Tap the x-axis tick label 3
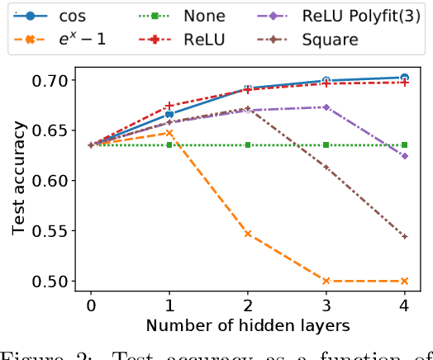click(326, 305)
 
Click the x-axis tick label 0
click(90, 305)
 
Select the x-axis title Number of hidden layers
click(247, 327)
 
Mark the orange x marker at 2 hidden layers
click(247, 234)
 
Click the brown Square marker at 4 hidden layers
click(404, 236)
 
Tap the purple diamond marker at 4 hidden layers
click(404, 156)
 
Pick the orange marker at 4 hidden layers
click(404, 281)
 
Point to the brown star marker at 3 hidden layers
click(326, 168)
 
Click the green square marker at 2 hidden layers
click(247, 144)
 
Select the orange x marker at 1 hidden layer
click(169, 132)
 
